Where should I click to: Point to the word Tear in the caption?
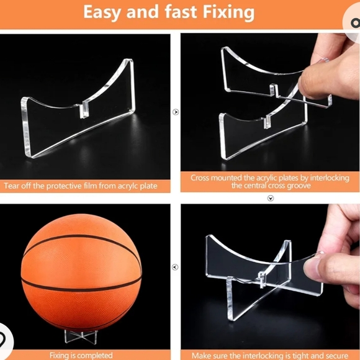click(x=13, y=186)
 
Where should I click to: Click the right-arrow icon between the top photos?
click(x=176, y=112)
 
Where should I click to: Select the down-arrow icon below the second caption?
click(x=270, y=198)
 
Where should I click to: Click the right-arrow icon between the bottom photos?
click(x=176, y=268)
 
